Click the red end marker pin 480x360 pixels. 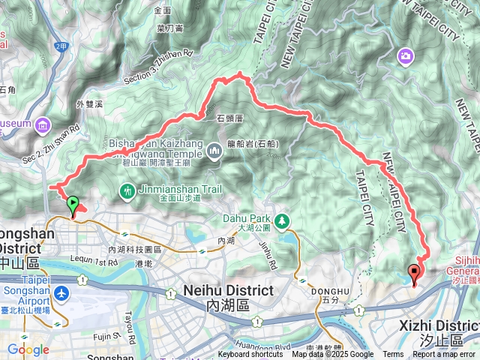[x=415, y=274]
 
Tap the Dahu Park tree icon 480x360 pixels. [x=282, y=220]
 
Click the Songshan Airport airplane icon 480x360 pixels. [x=60, y=291]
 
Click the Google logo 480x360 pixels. [x=28, y=349]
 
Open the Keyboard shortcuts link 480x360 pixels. [x=250, y=355]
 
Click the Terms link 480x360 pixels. [x=393, y=355]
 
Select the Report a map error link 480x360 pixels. [x=445, y=355]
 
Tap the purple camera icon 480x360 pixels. [x=406, y=56]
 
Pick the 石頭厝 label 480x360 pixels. [x=230, y=118]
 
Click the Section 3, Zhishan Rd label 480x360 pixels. [x=159, y=60]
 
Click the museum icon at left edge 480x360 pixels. [x=42, y=124]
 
